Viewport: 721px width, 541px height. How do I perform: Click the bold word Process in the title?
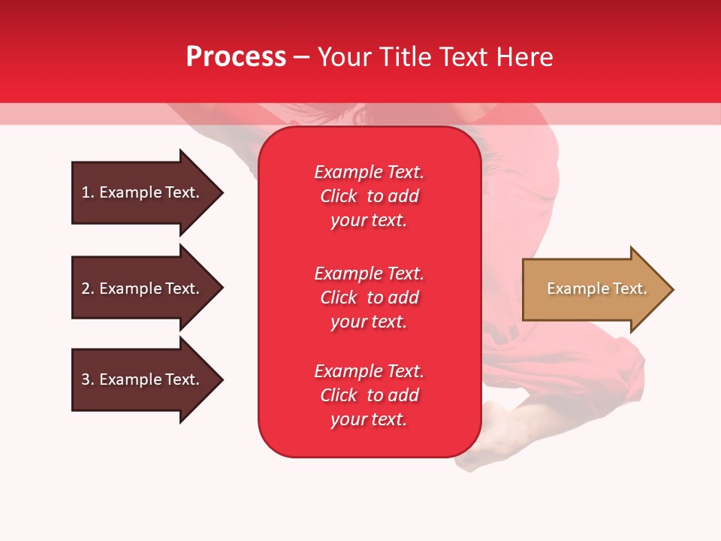point(236,57)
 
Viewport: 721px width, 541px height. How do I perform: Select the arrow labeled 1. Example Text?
point(143,192)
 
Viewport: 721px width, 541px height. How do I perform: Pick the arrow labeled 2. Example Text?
point(143,289)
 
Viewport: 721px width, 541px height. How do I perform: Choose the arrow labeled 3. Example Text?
point(143,379)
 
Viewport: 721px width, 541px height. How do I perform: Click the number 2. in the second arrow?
point(88,289)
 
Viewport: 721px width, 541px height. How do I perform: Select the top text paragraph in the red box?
point(369,196)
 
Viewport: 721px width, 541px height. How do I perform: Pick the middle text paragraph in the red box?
point(369,298)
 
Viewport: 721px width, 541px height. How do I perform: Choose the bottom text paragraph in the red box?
point(369,395)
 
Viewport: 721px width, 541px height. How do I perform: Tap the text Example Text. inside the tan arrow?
point(596,289)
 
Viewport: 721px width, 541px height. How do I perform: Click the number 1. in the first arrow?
point(88,192)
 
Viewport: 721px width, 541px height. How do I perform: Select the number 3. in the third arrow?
point(88,379)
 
